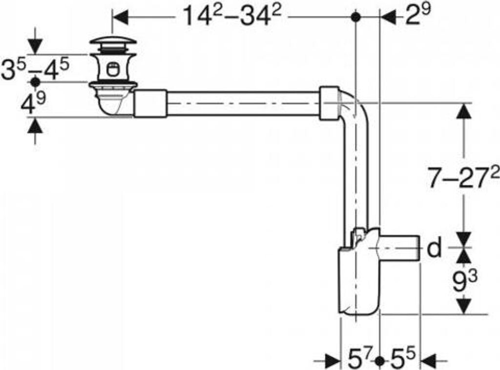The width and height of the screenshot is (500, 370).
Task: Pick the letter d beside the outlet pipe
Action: pyautogui.click(x=434, y=249)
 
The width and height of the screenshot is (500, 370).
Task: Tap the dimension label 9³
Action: pyautogui.click(x=464, y=282)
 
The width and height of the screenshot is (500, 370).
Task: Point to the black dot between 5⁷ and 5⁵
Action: pyautogui.click(x=380, y=361)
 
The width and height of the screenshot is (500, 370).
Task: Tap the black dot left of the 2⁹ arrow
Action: pyautogui.click(x=356, y=18)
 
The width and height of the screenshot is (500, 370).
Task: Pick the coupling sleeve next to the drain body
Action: pyautogui.click(x=150, y=103)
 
